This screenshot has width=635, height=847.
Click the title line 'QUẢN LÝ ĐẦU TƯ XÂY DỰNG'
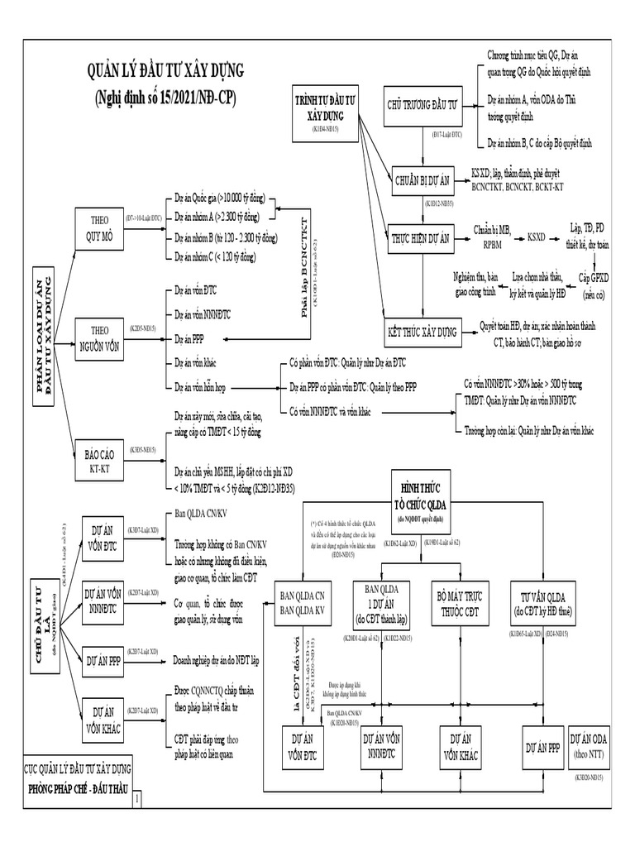coord(165,72)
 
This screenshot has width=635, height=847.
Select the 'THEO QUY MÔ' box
coord(98,226)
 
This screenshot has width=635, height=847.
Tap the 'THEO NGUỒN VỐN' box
coord(98,339)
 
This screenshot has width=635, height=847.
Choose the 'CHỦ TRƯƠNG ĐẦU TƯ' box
coord(423,108)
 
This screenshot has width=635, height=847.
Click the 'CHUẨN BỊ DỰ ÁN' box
coord(423,178)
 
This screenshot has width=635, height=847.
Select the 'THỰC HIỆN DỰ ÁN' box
coord(423,238)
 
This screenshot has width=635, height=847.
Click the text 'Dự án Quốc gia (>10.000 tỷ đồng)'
coord(220,199)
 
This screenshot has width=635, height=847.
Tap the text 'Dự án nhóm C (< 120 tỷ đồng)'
coord(214,256)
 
